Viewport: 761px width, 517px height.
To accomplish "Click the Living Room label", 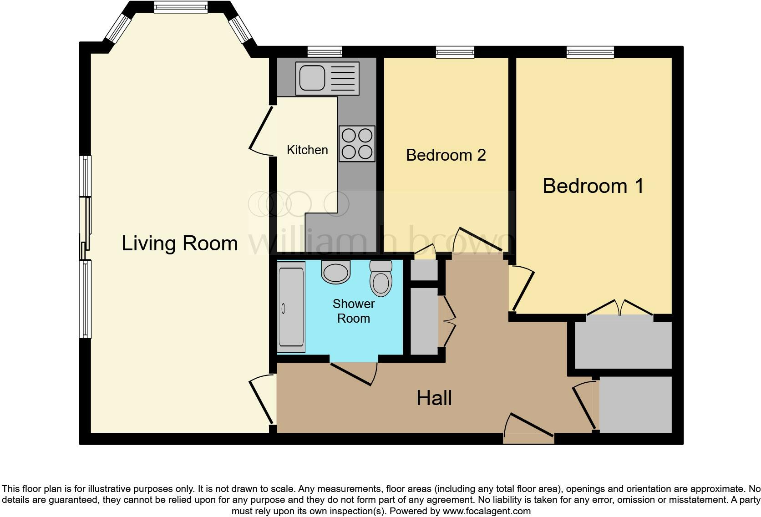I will [x=179, y=243].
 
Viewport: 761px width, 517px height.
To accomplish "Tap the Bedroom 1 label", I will [x=593, y=186].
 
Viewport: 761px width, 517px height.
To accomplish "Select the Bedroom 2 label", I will [x=446, y=155].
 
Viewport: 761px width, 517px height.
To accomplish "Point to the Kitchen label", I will [x=307, y=150].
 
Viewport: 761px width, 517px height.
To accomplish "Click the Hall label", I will [x=434, y=398].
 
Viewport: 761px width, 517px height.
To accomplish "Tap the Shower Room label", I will [x=354, y=311].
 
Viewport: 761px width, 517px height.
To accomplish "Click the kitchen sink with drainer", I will [x=327, y=78].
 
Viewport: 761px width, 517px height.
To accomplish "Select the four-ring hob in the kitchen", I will [x=357, y=144].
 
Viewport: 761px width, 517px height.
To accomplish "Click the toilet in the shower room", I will [x=381, y=278].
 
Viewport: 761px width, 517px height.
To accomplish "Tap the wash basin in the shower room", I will [x=336, y=272].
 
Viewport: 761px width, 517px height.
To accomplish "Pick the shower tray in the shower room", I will [x=291, y=309].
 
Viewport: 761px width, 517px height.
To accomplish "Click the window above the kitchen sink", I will [x=324, y=52].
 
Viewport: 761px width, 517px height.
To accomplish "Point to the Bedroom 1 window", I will [x=590, y=52].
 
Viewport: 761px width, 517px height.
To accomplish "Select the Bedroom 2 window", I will [x=455, y=52].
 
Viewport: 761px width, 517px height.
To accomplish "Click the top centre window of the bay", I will [x=181, y=7].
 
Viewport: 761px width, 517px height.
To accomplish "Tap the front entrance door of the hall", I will [x=529, y=428].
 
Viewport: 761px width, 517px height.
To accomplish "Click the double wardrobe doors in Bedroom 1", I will [x=620, y=308].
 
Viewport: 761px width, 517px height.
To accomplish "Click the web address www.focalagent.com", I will [x=487, y=511].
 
